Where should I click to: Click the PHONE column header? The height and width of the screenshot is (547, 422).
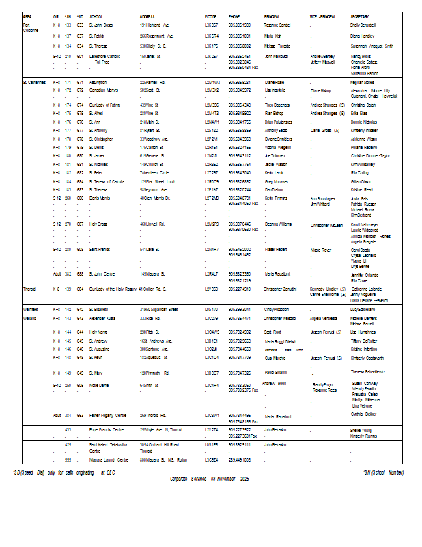tap(234, 16)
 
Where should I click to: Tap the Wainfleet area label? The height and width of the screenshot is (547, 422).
tap(31, 309)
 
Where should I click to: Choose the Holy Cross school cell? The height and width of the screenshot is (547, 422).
tap(98, 224)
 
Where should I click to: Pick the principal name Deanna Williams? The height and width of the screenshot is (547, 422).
tap(278, 224)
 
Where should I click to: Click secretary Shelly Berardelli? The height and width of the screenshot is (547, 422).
tap(363, 25)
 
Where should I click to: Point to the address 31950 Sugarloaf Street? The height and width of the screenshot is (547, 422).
tap(159, 309)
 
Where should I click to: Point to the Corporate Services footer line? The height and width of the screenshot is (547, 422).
tap(211, 479)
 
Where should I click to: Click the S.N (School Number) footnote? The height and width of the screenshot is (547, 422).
tap(383, 472)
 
